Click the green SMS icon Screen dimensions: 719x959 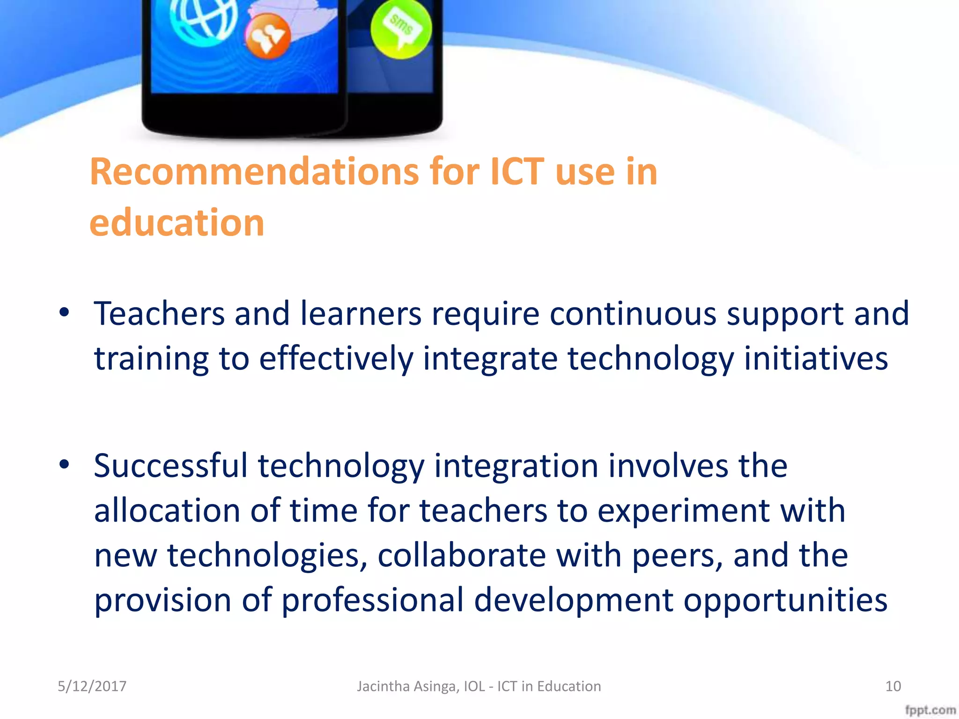[400, 29]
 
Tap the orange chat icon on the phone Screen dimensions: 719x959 [268, 37]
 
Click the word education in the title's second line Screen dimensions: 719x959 [177, 223]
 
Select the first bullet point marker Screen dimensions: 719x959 [64, 313]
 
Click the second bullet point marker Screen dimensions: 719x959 [64, 464]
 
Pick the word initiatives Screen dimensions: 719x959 [816, 358]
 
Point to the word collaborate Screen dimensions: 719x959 [462, 555]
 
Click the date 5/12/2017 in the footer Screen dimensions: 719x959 [92, 686]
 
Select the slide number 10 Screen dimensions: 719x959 [893, 686]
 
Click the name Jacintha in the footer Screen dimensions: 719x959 [383, 686]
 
